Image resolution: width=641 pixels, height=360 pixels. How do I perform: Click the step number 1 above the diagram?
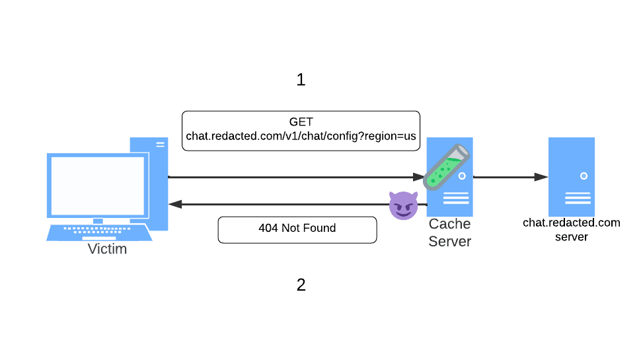[301, 80]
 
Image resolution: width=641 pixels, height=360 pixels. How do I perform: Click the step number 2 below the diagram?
[301, 285]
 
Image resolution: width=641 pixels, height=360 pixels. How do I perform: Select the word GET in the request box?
[301, 122]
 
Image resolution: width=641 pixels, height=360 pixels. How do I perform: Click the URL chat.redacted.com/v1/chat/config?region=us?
[301, 136]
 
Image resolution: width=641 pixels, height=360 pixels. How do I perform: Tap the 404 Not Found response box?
[297, 229]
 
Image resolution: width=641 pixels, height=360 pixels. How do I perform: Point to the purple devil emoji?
[403, 206]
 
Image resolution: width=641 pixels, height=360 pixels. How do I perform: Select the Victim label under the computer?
[107, 250]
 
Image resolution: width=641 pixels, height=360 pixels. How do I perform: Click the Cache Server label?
[449, 233]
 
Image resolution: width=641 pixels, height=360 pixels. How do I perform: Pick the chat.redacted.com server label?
[572, 229]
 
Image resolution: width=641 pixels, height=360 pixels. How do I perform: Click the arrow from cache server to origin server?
[509, 177]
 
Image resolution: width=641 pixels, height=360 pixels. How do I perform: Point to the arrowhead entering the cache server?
[418, 177]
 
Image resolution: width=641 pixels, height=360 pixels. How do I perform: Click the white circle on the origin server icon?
[584, 176]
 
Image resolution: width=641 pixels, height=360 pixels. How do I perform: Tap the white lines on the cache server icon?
[456, 198]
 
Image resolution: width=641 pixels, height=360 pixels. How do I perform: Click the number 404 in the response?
[268, 229]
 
